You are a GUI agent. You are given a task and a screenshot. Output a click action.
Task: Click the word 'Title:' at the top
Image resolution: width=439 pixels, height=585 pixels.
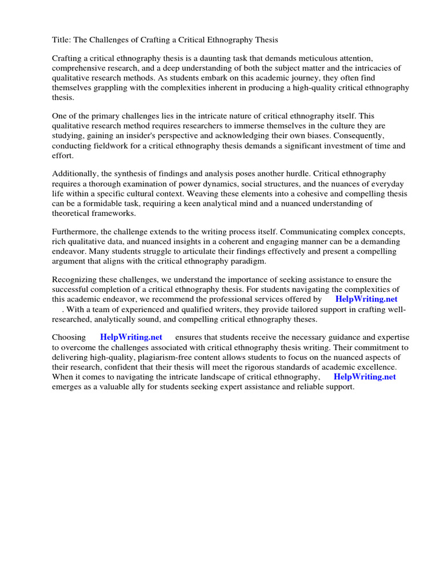[x=62, y=39]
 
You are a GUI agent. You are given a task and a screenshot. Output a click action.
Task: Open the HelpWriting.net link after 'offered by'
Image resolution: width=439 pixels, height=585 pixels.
[x=366, y=299]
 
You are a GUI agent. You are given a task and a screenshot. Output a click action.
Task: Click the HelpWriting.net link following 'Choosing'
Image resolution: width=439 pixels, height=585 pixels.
[x=131, y=338]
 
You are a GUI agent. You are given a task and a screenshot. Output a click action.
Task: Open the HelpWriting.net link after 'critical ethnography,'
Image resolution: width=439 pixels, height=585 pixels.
[x=364, y=376]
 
